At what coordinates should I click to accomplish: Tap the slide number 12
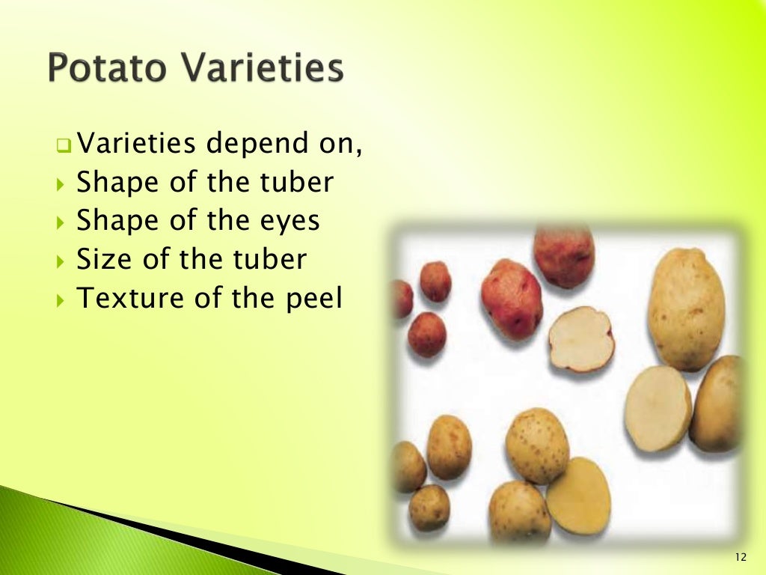click(741, 557)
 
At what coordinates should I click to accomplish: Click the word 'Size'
click(102, 259)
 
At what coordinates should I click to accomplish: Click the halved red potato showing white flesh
click(581, 339)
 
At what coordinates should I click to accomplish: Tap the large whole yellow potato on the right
click(685, 308)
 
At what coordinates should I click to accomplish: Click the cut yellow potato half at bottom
click(577, 496)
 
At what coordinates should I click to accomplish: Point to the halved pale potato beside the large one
click(658, 408)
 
